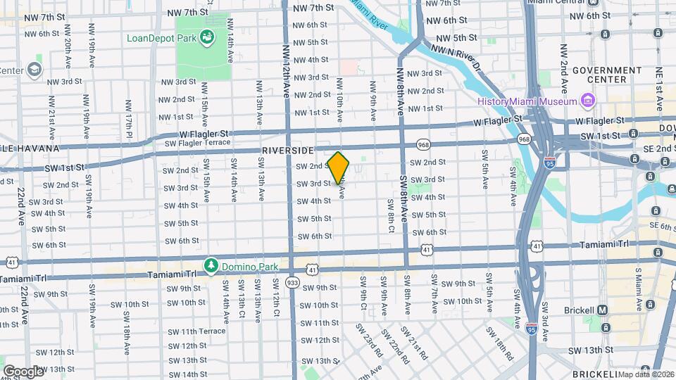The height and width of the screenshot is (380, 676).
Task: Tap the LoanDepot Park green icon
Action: pos(207,37)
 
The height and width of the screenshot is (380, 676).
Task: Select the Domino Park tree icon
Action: pos(211,265)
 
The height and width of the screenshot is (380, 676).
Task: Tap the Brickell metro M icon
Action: pos(602,310)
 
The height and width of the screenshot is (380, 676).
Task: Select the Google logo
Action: pos(23,371)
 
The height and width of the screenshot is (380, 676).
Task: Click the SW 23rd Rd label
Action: pos(368,339)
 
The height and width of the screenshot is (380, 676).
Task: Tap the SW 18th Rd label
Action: pos(501,341)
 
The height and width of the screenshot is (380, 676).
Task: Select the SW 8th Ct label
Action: pos(390,215)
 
